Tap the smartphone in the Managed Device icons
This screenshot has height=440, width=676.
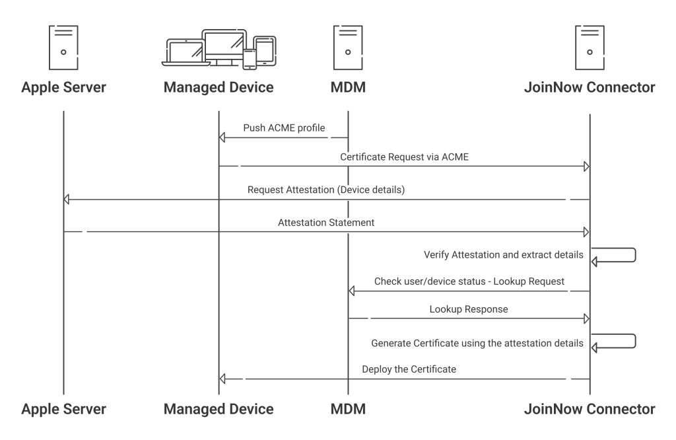[x=249, y=59]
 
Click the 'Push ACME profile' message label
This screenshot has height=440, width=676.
[x=284, y=128]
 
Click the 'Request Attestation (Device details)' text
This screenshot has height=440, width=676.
[x=325, y=190]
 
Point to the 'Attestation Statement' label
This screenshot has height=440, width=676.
[x=326, y=223]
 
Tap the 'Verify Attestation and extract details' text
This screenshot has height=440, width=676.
[x=503, y=254]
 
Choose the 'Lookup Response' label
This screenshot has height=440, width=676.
[x=468, y=309]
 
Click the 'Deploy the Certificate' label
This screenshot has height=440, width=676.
[x=409, y=369]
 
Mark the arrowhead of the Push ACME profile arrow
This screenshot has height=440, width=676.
[x=222, y=137]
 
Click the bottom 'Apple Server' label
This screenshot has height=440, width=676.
[x=63, y=409]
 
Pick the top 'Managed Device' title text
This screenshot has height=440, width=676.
[x=218, y=87]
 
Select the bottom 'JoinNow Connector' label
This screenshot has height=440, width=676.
[x=590, y=409]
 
